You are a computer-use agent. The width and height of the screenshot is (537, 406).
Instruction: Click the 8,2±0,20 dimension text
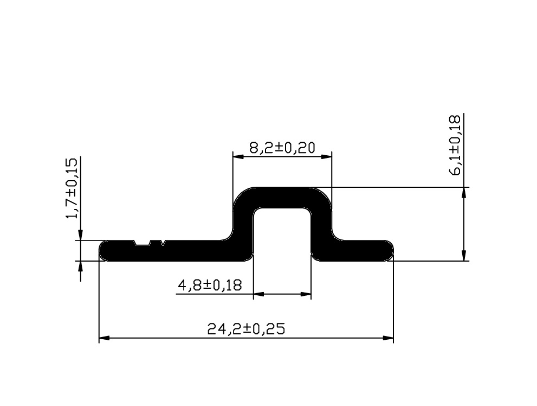282,148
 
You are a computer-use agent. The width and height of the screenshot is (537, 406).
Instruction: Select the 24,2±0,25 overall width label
246,329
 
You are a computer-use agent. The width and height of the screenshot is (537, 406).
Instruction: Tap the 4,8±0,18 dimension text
210,285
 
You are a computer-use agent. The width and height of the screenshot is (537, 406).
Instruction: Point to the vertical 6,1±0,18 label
456,145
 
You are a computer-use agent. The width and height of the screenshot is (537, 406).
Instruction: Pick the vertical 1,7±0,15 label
72,188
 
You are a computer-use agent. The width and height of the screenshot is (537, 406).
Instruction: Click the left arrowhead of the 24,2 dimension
104,338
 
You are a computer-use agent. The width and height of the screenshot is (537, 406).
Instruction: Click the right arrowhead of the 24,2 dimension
388,338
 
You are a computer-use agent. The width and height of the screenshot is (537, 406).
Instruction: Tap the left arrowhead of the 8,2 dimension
238,157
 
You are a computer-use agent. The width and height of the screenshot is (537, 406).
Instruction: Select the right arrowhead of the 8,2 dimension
326,157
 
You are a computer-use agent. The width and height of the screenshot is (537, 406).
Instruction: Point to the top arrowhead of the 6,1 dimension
464,193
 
